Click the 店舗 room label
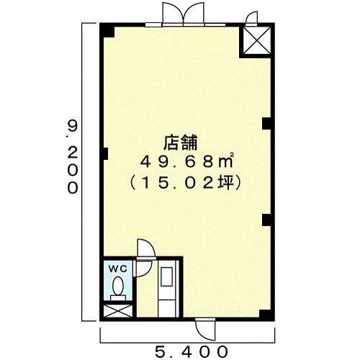coord(181,143)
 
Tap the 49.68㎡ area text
coord(186,161)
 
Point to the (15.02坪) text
coord(185,183)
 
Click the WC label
coord(117,269)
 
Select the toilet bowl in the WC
coord(118,286)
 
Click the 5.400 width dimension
coord(191,352)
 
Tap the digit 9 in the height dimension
coord(73,126)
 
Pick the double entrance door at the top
coord(183,13)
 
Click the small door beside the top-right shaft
coord(252,18)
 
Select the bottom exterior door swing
coord(205,330)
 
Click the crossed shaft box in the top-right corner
coord(257,40)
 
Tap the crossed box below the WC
coord(118,311)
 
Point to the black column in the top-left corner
coord(107,30)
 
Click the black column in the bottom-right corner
coord(266,315)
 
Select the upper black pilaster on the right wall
coord(266,124)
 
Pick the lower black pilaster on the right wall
coord(266,220)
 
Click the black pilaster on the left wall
coord(105,153)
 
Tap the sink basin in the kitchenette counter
coord(166,276)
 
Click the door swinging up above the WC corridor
coord(145,248)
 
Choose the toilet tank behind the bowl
coord(118,297)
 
